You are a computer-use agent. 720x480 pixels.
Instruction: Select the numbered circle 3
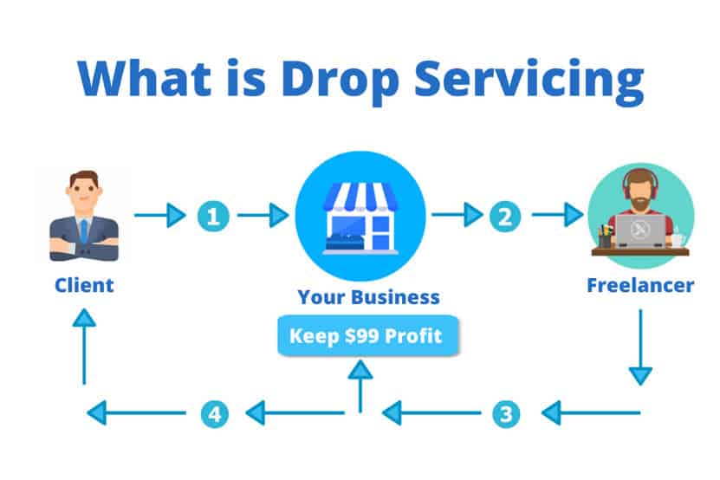[x=504, y=412]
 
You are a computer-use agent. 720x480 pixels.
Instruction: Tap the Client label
[x=84, y=284]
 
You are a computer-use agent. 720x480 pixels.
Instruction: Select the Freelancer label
[x=639, y=284]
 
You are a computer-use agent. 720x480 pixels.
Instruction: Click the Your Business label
[x=368, y=297]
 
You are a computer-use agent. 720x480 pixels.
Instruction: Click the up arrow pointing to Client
[x=84, y=347]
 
